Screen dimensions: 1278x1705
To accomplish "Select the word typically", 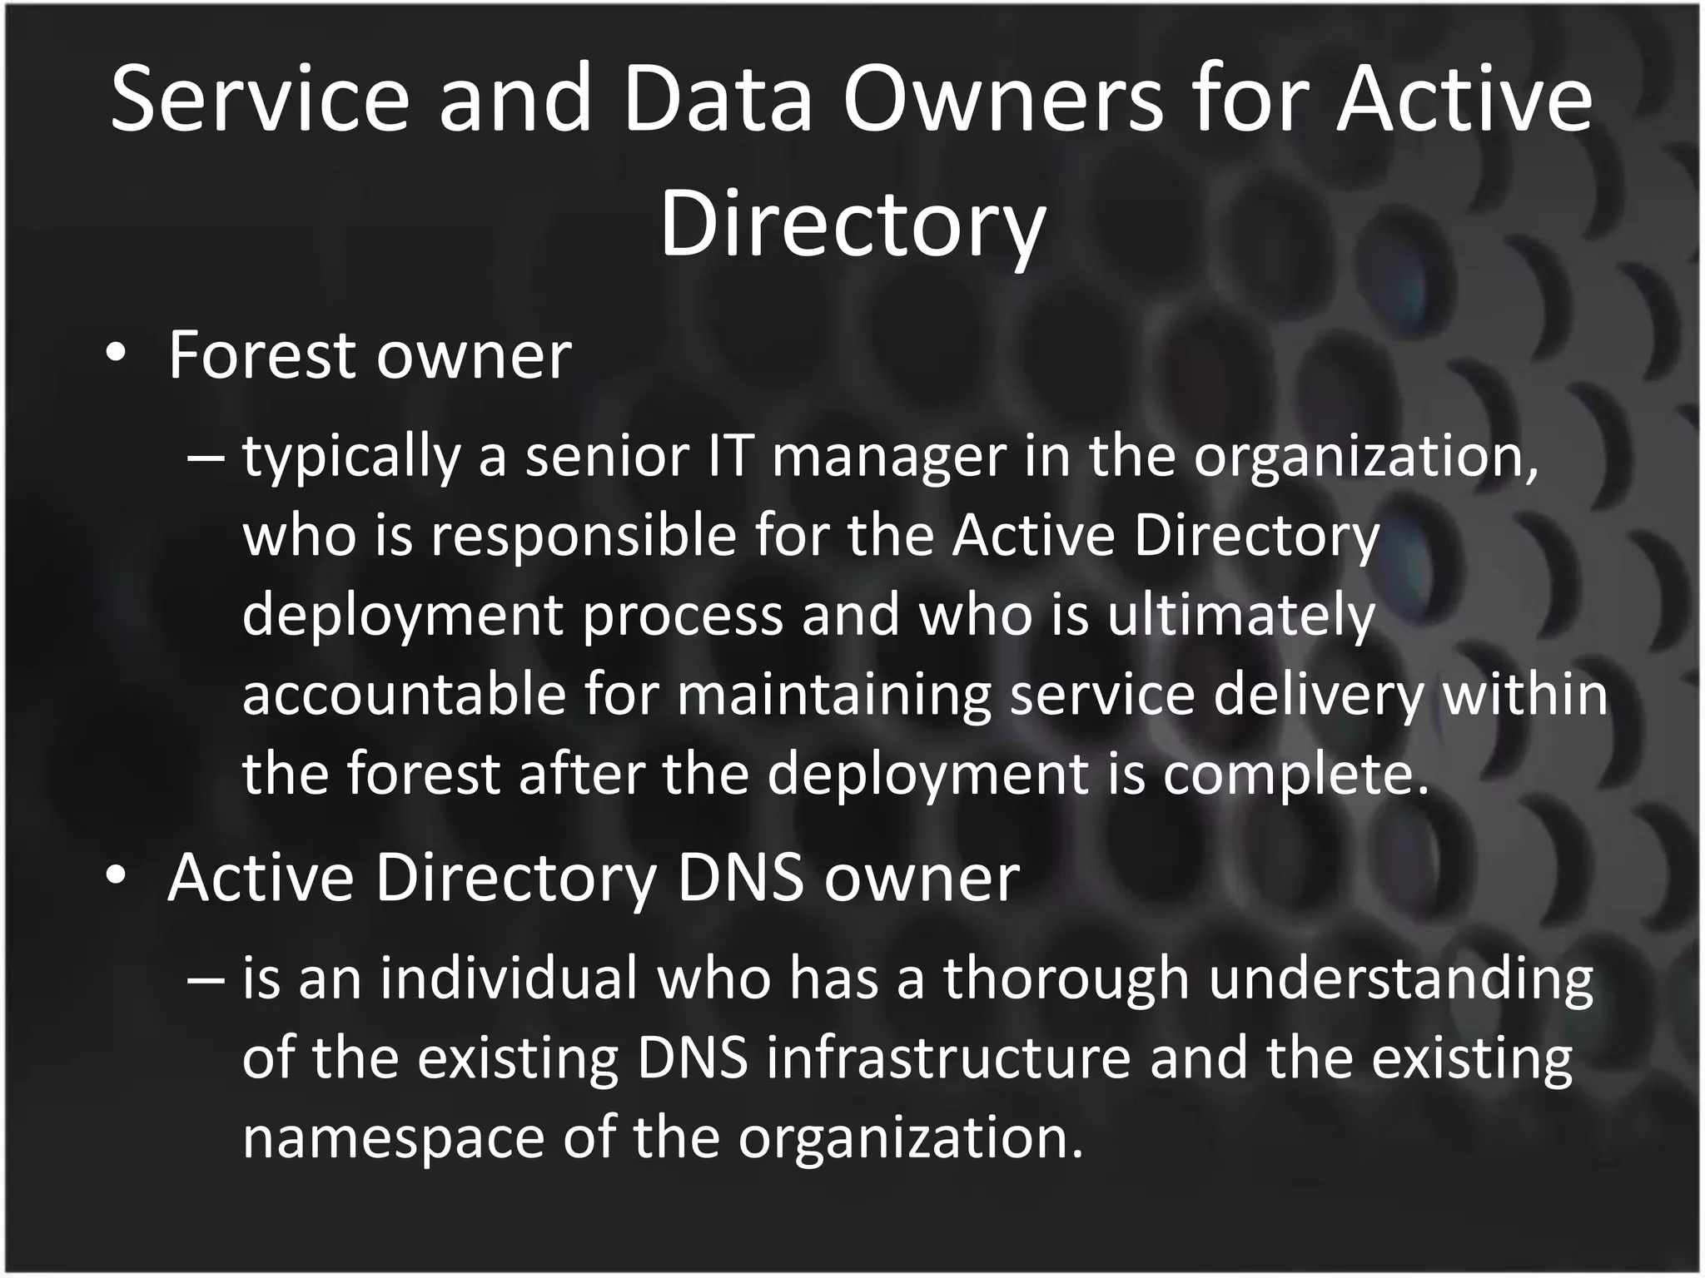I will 350,459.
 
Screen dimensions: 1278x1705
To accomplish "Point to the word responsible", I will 583,537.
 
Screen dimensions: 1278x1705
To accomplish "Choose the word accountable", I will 404,694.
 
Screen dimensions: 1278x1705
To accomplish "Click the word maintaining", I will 833,696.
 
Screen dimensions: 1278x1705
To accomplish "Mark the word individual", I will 509,979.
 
